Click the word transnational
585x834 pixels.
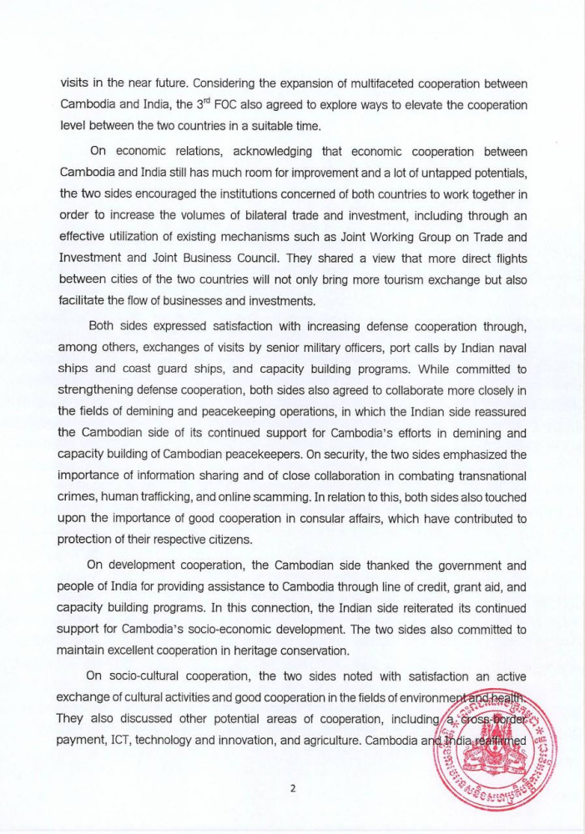[x=483, y=452]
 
